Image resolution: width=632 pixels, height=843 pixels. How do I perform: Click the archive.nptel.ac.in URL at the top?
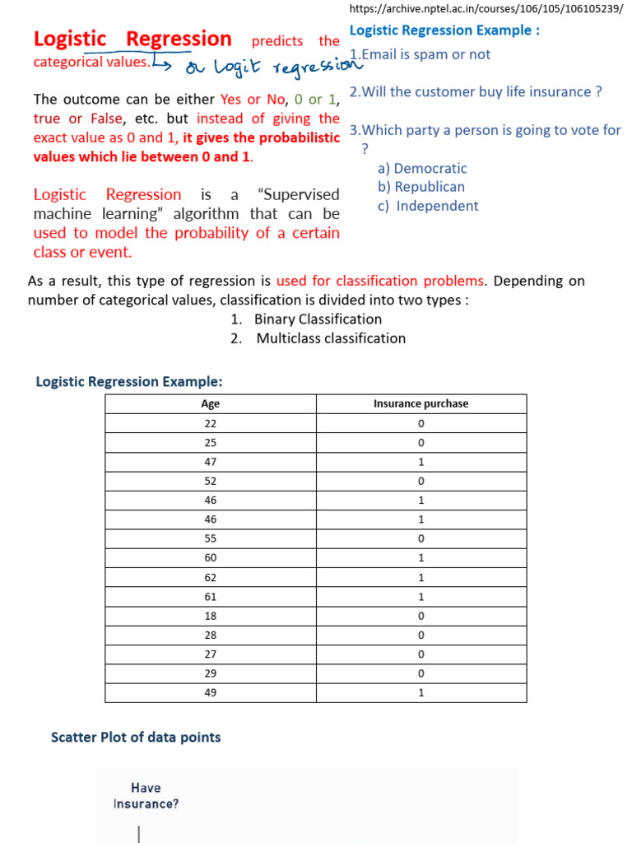click(x=486, y=9)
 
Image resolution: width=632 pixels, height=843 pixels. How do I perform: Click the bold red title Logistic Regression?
click(x=132, y=39)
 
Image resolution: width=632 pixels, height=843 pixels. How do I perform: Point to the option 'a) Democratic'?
click(x=422, y=168)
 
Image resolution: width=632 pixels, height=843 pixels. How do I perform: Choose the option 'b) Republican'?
click(x=421, y=187)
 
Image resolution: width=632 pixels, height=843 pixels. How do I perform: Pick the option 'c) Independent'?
click(x=428, y=206)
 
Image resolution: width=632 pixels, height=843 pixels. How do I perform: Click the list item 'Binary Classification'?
click(x=318, y=319)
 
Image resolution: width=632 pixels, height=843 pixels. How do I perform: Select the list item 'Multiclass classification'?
click(x=330, y=338)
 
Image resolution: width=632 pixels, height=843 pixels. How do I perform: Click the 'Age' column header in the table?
click(x=211, y=403)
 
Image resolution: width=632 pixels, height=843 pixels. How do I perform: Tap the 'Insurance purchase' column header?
click(x=421, y=403)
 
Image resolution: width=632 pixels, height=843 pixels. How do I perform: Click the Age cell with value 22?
click(x=211, y=423)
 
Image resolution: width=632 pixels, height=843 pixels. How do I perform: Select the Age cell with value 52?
click(x=211, y=481)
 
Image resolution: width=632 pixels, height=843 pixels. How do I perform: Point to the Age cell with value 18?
click(x=211, y=615)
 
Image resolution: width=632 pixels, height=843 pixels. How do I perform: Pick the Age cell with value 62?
click(x=211, y=577)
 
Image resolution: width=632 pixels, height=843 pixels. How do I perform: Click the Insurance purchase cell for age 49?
click(x=421, y=692)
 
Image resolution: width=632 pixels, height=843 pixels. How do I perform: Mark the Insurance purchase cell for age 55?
click(x=421, y=538)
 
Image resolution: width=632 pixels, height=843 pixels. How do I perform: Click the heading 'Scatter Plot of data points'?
click(x=136, y=737)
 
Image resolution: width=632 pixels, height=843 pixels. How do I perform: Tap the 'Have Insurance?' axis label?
click(x=146, y=796)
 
